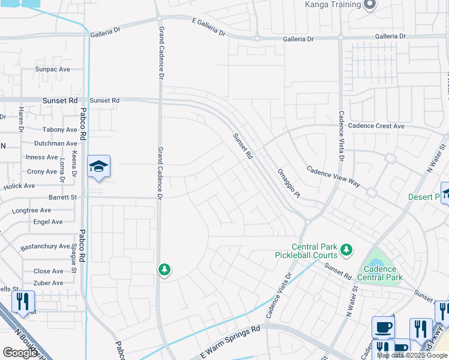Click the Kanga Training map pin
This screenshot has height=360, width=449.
[x=370, y=5]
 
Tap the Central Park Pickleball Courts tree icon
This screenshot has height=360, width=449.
[x=346, y=248]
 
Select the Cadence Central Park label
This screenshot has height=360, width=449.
[x=380, y=273]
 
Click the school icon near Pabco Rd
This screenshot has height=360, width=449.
[x=98, y=167]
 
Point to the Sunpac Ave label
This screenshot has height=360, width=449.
[x=52, y=70]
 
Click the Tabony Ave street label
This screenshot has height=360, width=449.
[x=60, y=130]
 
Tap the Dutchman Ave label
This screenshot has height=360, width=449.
[x=56, y=143]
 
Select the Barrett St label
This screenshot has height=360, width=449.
[x=63, y=197]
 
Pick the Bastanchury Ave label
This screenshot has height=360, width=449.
[x=45, y=247]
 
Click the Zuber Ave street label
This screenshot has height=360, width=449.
[x=49, y=283]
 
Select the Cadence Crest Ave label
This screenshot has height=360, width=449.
[x=376, y=126]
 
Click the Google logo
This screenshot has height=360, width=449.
[x=20, y=353]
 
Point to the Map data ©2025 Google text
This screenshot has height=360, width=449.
[x=412, y=355]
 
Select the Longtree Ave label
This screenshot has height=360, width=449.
[x=32, y=211]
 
